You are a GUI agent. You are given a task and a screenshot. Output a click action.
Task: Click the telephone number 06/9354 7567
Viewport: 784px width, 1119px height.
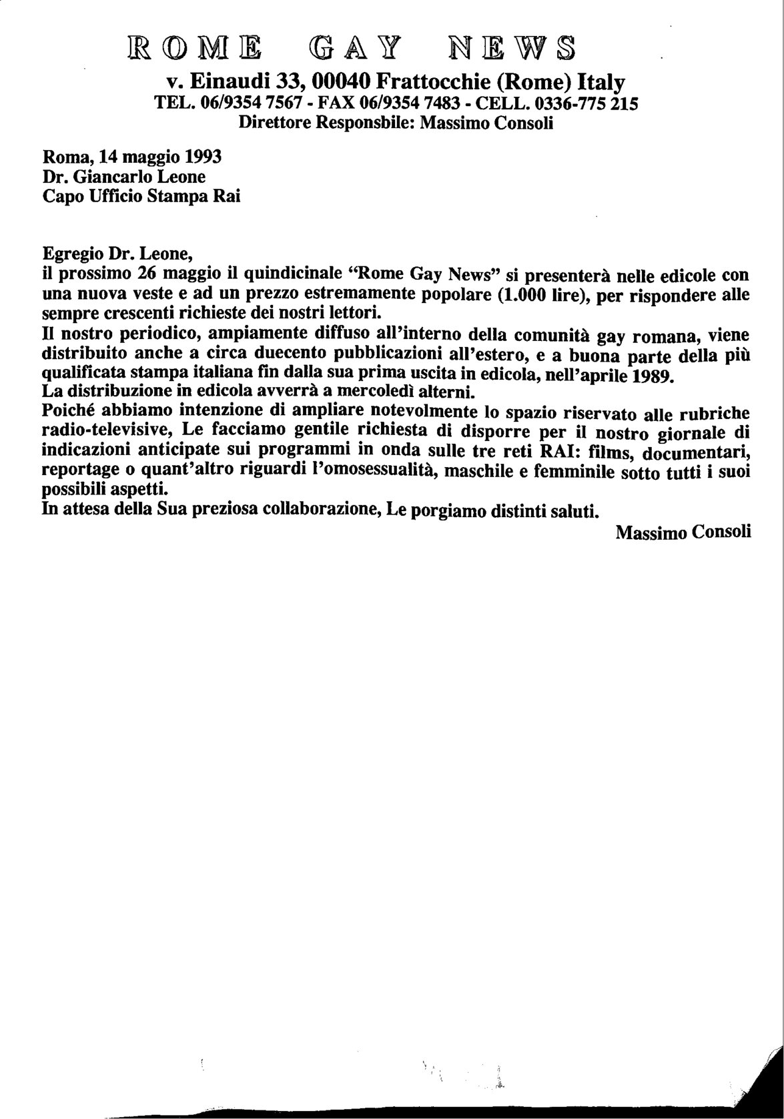(241, 103)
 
